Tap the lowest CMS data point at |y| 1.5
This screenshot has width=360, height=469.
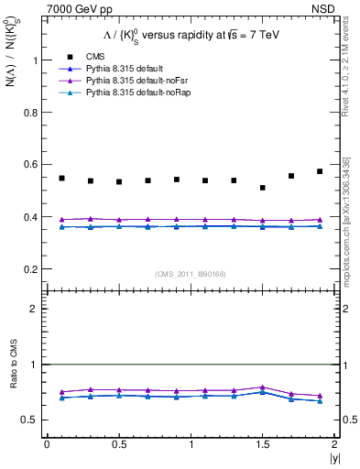[263, 188]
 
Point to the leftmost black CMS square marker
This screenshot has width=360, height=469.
[61, 178]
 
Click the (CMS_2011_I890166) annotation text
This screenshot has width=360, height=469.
[191, 274]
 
